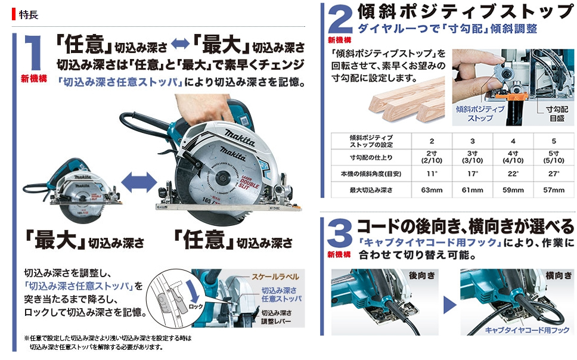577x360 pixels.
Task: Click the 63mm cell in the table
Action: click(432, 190)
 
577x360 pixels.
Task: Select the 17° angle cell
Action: click(472, 173)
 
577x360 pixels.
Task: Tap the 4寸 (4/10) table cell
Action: click(513, 157)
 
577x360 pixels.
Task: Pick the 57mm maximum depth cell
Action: click(553, 190)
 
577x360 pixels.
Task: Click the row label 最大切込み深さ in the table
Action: click(371, 190)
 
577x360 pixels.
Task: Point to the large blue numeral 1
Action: click(33, 52)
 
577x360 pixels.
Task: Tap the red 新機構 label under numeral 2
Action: click(340, 40)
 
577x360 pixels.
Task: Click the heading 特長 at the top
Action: click(29, 15)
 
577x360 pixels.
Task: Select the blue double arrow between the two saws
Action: click(139, 182)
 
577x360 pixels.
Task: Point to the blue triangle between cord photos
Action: click(449, 305)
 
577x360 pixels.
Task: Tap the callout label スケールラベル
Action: click(275, 277)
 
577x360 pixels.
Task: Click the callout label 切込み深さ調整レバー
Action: click(277, 317)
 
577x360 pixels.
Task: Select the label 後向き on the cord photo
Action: click(421, 275)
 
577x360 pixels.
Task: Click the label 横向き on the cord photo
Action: click(559, 275)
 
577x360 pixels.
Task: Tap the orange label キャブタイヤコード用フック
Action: click(527, 330)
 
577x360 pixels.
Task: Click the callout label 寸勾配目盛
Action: click(557, 114)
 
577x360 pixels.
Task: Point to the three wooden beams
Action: click(407, 100)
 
